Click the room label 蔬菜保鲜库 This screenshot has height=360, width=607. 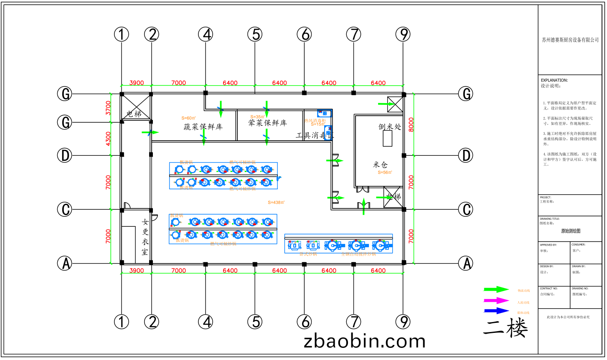pyautogui.click(x=203, y=127)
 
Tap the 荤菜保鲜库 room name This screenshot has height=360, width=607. pyautogui.click(x=267, y=123)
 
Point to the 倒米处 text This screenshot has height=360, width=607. pyautogui.click(x=389, y=127)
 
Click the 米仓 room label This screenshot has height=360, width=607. pyautogui.click(x=380, y=165)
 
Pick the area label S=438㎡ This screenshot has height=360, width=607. pyautogui.click(x=276, y=203)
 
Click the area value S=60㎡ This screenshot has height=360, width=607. pyautogui.click(x=188, y=118)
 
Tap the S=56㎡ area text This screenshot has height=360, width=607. pyautogui.click(x=385, y=172)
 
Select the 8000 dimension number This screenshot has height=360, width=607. pyautogui.click(x=411, y=124)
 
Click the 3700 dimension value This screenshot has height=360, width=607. pyautogui.click(x=109, y=108)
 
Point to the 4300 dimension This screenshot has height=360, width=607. pyautogui.click(x=109, y=139)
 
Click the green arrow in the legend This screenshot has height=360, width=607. pyautogui.click(x=496, y=289)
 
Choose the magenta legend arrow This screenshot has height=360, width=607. pyautogui.click(x=496, y=300)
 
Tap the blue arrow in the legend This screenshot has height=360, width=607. pyautogui.click(x=496, y=311)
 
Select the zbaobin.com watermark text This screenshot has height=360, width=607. pyautogui.click(x=364, y=341)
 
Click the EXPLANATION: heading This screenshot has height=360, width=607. pyautogui.click(x=554, y=80)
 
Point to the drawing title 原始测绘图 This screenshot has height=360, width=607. pyautogui.click(x=570, y=231)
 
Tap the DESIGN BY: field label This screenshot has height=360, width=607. pyautogui.click(x=546, y=266)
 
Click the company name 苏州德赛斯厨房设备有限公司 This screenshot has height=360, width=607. pyautogui.click(x=570, y=40)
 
